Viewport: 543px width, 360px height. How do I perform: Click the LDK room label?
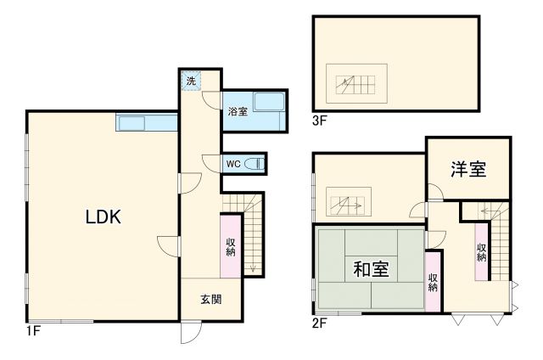coord(103,217)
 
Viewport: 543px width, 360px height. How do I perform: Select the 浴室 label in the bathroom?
coord(237,111)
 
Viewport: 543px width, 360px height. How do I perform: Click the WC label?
coord(232,164)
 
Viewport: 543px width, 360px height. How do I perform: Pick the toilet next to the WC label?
coord(255,164)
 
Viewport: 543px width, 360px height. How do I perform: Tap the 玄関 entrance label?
coord(211,299)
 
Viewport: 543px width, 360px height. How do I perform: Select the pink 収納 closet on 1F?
coord(231,246)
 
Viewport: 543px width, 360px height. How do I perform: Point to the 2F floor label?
coord(320,323)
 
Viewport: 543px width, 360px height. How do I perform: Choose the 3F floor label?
coord(320,121)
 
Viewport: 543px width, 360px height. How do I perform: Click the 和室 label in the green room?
coord(370,270)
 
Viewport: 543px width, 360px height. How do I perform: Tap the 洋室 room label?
coord(468,169)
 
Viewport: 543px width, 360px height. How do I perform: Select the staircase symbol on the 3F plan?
coord(356,83)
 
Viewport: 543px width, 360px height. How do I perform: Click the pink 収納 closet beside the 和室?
coord(433,281)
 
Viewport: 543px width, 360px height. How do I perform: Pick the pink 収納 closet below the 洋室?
coord(481,251)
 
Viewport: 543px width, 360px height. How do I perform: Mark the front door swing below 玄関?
coord(188,334)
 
